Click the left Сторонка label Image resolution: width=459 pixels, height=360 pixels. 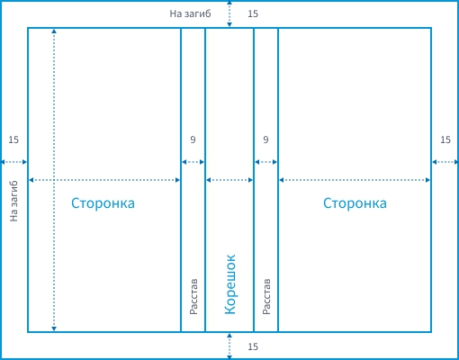(x=103, y=203)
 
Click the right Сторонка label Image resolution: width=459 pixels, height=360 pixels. (x=355, y=203)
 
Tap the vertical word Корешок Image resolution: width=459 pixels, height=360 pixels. (x=230, y=284)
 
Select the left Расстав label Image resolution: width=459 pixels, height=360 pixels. (x=193, y=296)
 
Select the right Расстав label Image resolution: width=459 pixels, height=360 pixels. (x=266, y=296)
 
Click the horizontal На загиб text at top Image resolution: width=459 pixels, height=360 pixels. (x=190, y=13)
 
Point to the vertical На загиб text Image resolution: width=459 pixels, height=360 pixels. (x=13, y=202)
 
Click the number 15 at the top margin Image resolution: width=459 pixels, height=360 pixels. (x=253, y=13)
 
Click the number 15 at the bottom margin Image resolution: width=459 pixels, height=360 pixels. (x=253, y=346)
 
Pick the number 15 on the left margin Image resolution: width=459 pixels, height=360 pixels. (x=13, y=139)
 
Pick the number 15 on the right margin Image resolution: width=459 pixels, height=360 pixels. (x=445, y=139)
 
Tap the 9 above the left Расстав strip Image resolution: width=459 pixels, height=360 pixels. (x=193, y=139)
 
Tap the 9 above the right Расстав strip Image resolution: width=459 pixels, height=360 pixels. (x=265, y=139)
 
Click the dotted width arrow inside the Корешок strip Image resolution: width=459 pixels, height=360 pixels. (x=229, y=180)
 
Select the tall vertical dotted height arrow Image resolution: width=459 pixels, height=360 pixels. (x=54, y=180)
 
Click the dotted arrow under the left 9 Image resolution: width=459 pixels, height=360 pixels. (x=193, y=162)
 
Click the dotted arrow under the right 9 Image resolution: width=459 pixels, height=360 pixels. (x=266, y=162)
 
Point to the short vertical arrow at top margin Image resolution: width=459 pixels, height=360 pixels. (x=229, y=13)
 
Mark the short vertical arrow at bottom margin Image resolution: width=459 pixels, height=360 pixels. (x=229, y=346)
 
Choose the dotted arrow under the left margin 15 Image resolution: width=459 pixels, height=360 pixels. (x=13, y=162)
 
